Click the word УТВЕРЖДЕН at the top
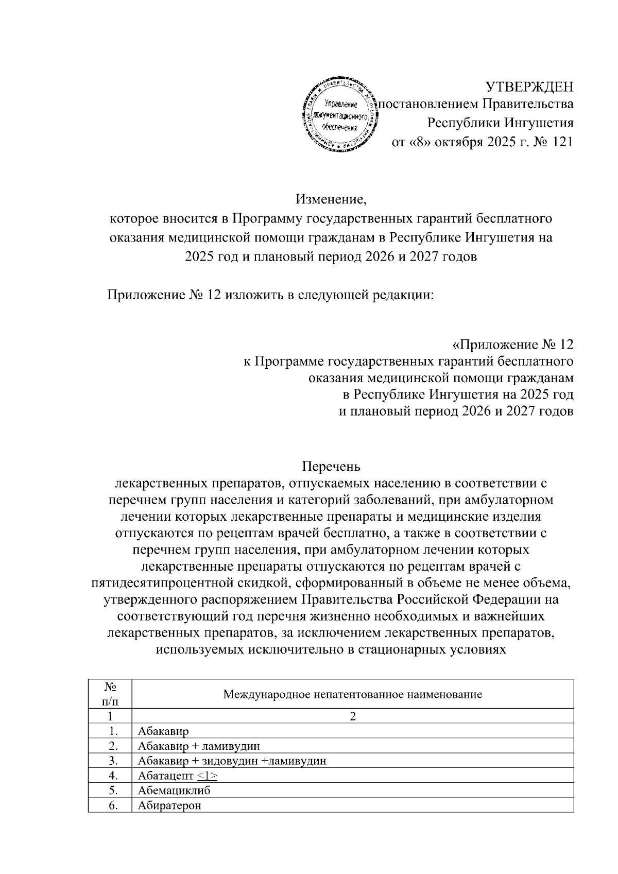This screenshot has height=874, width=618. [530, 85]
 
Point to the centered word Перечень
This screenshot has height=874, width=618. [331, 467]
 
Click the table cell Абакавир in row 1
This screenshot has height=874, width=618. [163, 731]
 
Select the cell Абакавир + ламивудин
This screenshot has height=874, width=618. [198, 746]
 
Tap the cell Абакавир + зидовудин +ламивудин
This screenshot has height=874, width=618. [232, 761]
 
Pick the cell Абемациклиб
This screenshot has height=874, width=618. [174, 791]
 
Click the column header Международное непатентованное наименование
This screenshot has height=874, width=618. [352, 694]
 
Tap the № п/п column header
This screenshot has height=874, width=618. [110, 694]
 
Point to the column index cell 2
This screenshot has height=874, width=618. [353, 716]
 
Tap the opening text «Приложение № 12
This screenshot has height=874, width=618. [512, 344]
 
